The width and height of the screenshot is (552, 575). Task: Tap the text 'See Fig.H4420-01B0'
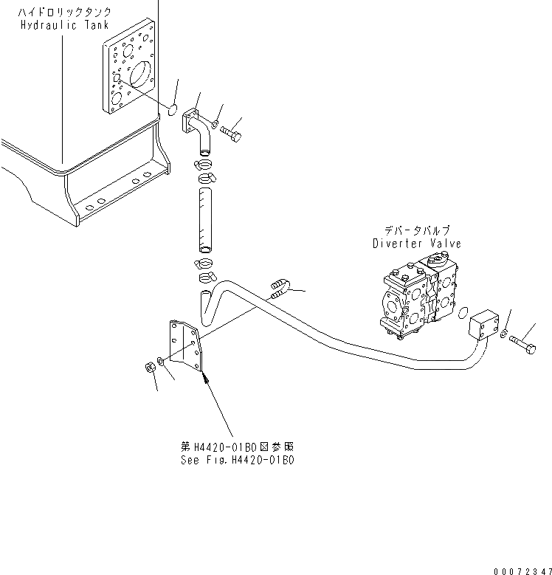point(238,459)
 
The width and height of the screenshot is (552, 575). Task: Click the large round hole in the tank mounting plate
point(141,77)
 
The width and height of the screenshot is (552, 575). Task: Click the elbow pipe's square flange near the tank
point(191,120)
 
